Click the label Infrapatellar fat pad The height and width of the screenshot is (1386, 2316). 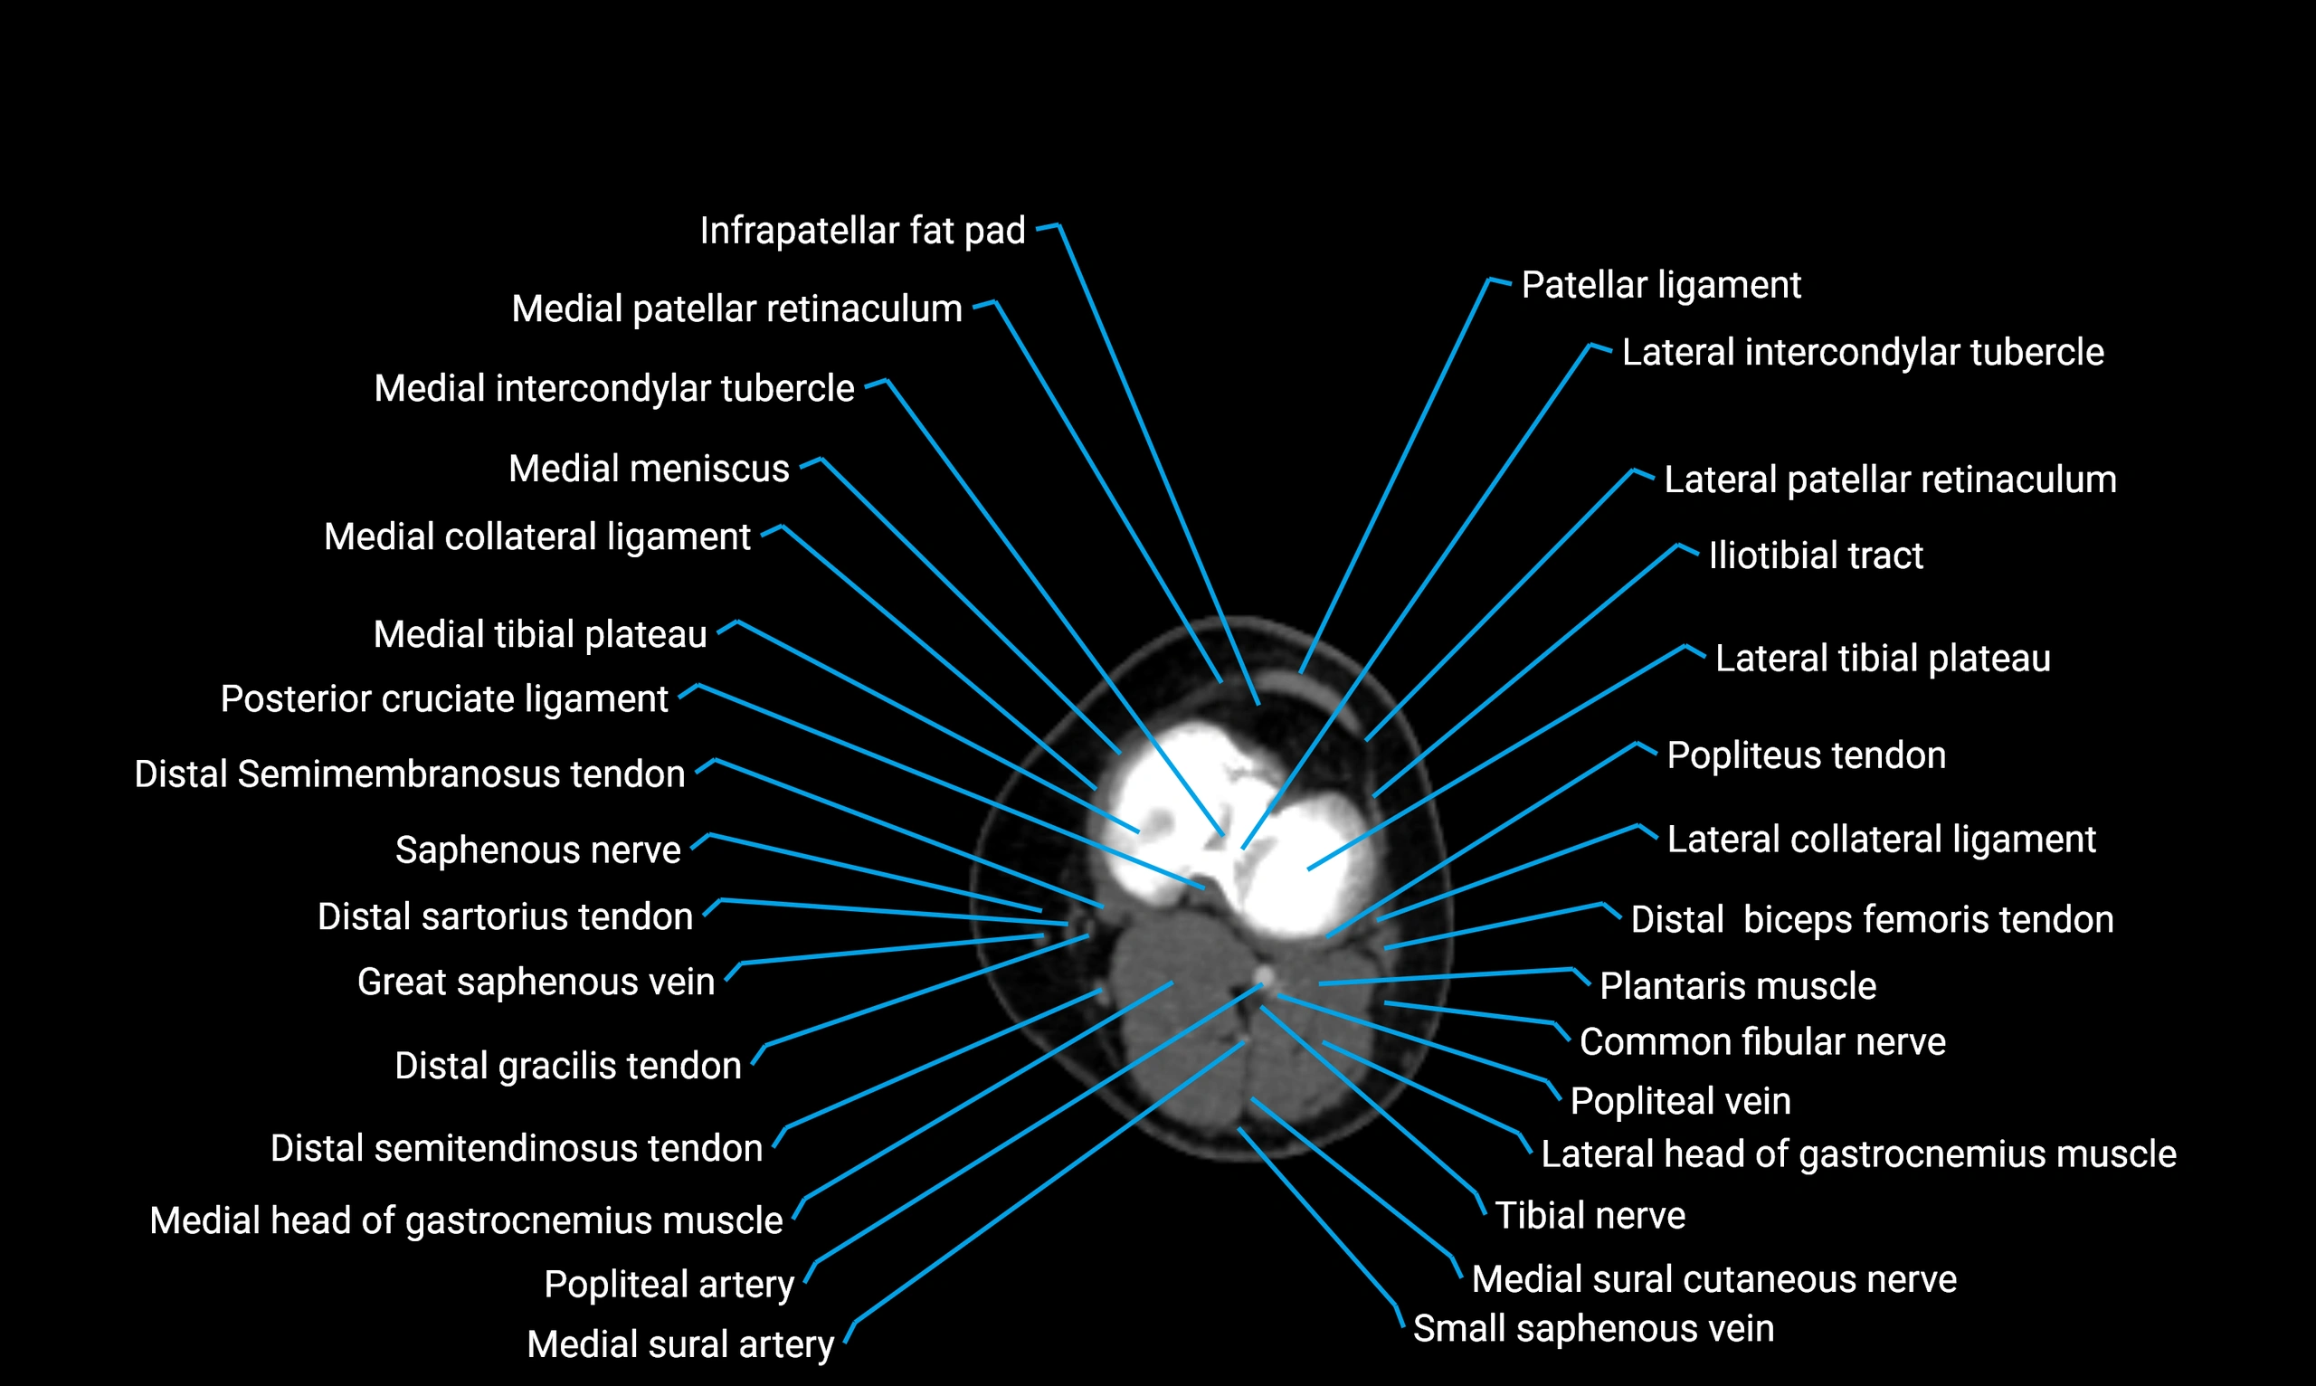coord(862,231)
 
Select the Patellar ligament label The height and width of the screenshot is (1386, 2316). coord(1660,285)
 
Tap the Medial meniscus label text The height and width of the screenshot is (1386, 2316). coord(648,468)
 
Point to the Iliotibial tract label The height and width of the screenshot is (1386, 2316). coord(1816,555)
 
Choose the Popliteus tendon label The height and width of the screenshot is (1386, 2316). coord(1806,755)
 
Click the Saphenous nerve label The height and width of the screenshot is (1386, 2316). coord(537,850)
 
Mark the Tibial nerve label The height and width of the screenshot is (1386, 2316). coord(1590,1215)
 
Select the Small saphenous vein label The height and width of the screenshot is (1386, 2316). coord(1593,1328)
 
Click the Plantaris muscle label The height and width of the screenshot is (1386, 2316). coord(1737,985)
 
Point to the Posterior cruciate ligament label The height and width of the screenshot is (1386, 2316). coord(443,698)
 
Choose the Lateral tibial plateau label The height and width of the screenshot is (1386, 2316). coord(1883,659)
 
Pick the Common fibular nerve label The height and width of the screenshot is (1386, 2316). coord(1762,1041)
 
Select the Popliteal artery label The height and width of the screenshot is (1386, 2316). coord(669,1284)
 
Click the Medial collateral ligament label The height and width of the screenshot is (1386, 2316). coord(537,537)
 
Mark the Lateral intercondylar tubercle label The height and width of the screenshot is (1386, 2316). coord(1862,352)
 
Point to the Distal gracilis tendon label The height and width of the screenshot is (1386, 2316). coord(567,1066)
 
